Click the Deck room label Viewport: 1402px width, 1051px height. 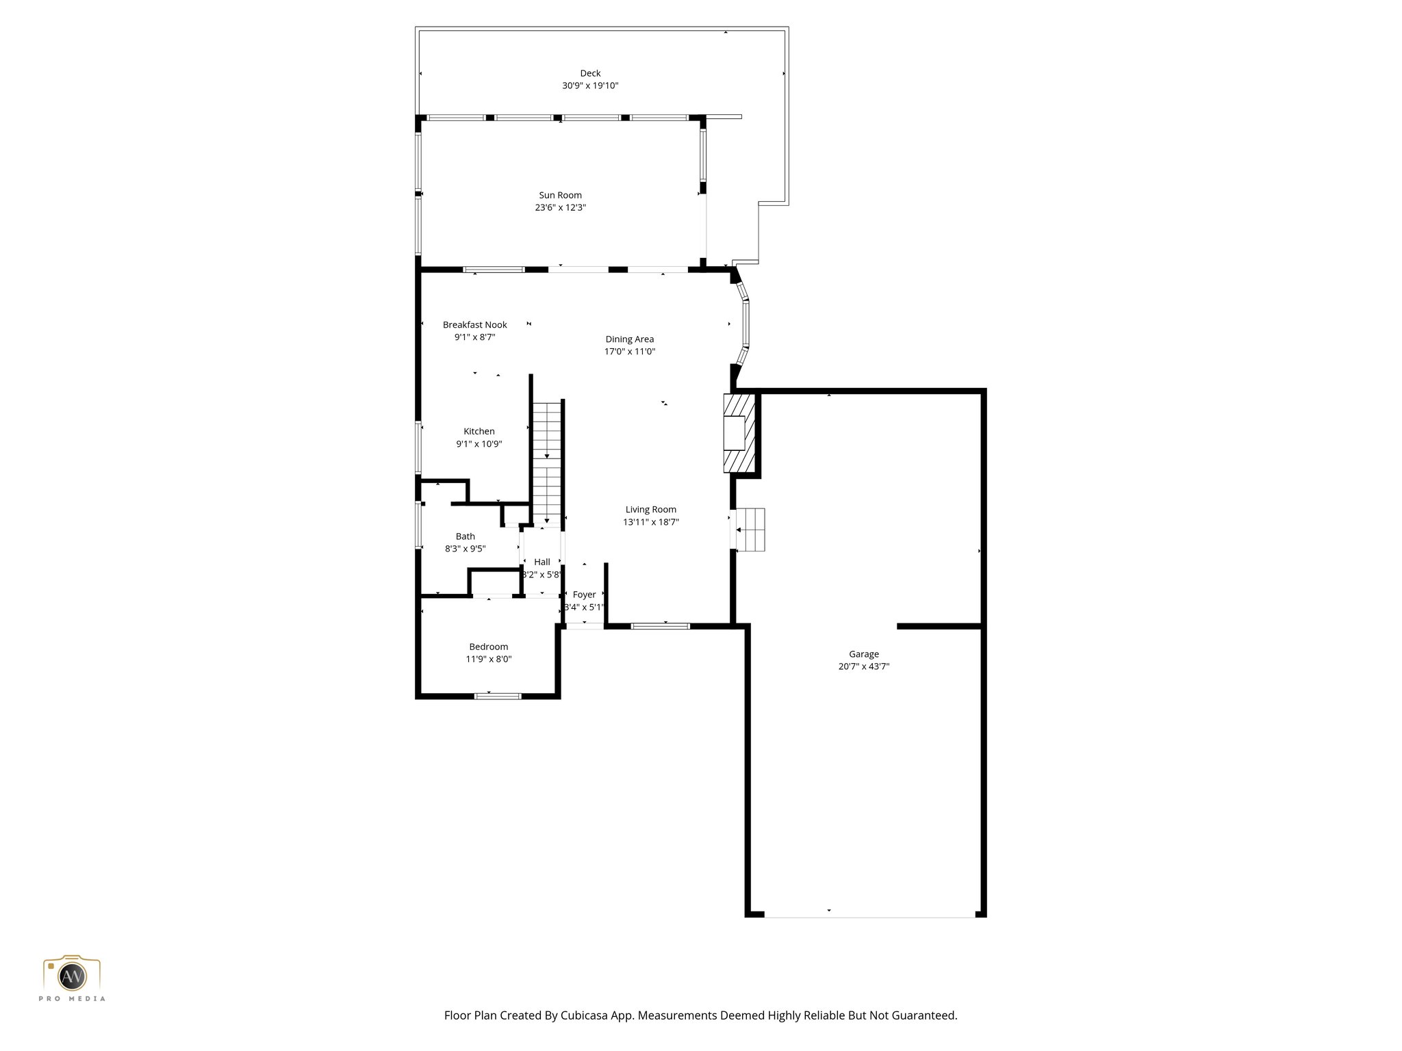(590, 73)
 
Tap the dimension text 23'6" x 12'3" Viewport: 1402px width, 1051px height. (560, 207)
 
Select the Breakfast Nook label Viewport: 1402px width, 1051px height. (474, 325)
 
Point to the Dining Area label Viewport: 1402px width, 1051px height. (629, 339)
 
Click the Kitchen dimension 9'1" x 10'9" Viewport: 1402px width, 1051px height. (479, 444)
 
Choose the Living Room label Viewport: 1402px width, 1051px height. (650, 510)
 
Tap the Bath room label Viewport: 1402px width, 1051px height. (465, 536)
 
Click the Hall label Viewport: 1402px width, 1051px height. (541, 562)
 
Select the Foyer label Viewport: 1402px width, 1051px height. (584, 595)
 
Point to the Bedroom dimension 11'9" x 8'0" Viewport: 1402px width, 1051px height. (489, 660)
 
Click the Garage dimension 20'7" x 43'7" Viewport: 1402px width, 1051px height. (863, 666)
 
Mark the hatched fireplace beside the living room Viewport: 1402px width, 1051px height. (739, 432)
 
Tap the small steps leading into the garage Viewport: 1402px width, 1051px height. (750, 530)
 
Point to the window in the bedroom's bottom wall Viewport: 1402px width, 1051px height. (498, 697)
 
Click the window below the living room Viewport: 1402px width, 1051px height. (660, 626)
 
